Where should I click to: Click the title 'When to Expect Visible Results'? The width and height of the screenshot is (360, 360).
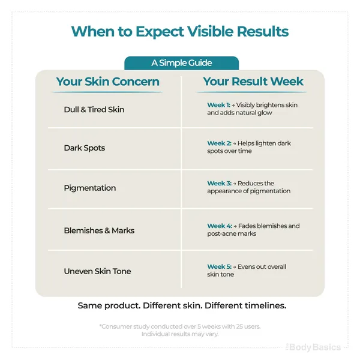point(180,31)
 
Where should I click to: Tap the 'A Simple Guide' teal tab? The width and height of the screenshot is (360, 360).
point(181,63)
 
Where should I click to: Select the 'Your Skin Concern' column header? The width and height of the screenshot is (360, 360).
point(107,82)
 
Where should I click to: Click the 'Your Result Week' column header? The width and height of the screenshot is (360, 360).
point(253,81)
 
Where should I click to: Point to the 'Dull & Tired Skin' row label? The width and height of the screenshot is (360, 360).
point(94,110)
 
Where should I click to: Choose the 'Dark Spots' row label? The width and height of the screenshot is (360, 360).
point(85,148)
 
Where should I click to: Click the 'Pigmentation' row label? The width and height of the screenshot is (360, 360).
point(90,188)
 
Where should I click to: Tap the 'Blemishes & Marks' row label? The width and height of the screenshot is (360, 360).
point(99,230)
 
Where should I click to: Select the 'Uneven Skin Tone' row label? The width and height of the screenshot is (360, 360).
point(97,271)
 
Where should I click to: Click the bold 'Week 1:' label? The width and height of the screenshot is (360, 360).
point(218,105)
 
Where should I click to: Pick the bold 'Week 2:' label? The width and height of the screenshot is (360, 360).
point(219,143)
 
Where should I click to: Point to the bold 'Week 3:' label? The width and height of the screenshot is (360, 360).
point(219,183)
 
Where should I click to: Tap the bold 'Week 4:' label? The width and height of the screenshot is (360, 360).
point(220,226)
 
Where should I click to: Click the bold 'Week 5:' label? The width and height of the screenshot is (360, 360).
point(219,266)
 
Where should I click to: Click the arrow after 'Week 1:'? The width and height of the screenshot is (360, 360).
point(233,106)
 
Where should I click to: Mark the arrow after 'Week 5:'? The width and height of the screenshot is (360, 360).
point(235,267)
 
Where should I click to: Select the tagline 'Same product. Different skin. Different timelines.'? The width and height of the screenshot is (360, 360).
point(182,305)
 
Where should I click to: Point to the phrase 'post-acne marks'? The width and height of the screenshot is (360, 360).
point(232,234)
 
